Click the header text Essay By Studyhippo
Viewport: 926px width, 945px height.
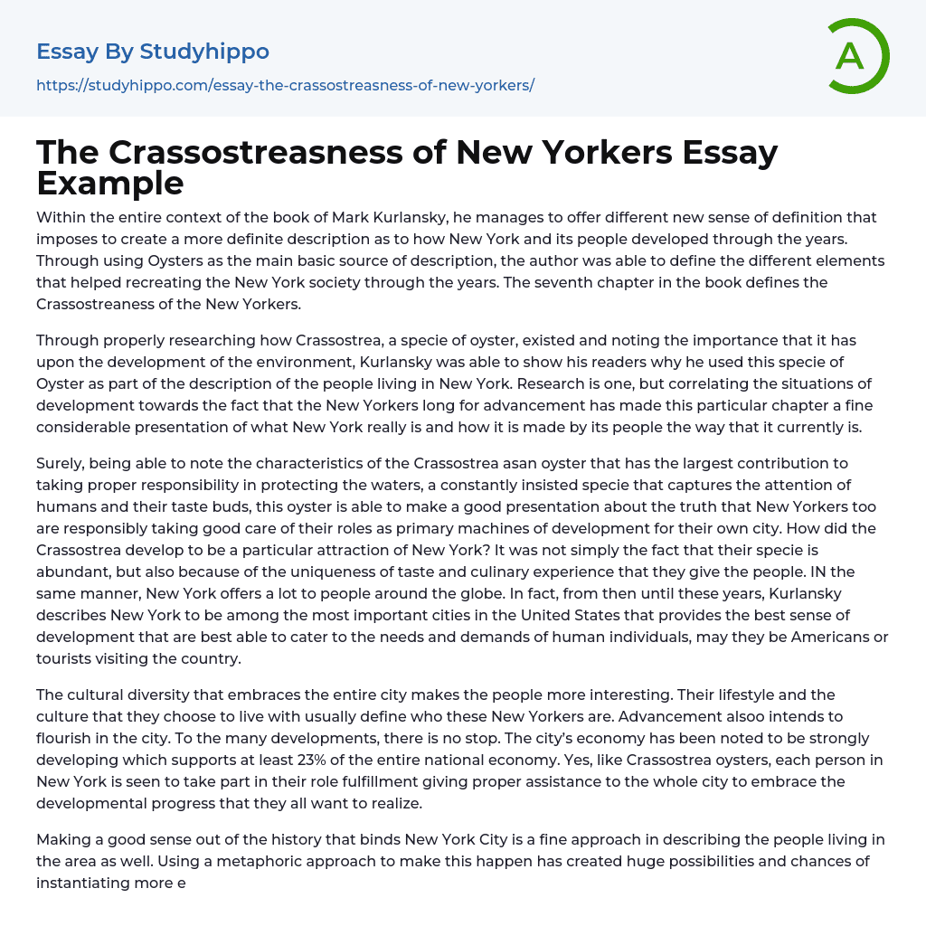click(x=153, y=52)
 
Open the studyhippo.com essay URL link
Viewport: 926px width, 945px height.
click(x=285, y=85)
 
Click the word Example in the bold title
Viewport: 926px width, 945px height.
click(x=110, y=183)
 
